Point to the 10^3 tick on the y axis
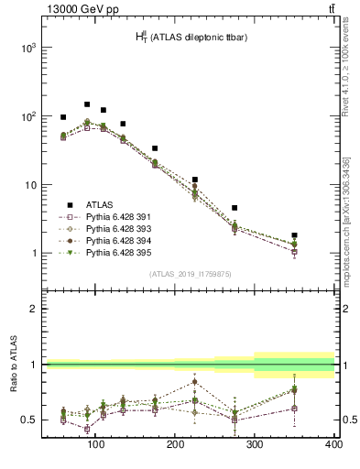(27, 48)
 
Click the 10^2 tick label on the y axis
(27, 116)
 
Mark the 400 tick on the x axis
(333, 445)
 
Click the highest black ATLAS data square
(87, 104)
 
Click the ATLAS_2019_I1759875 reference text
(190, 272)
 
